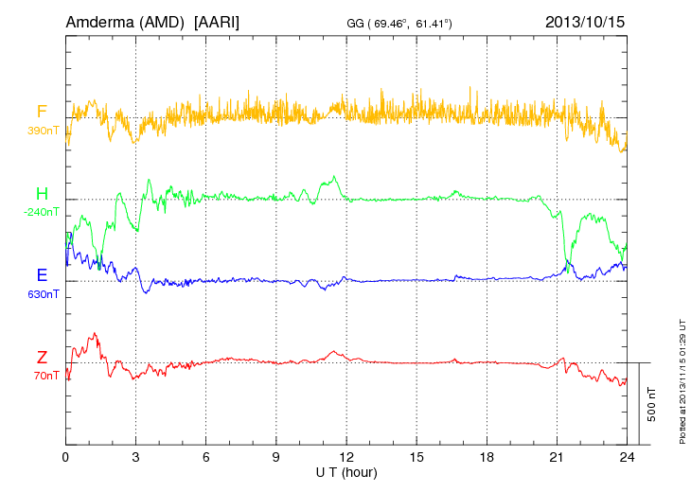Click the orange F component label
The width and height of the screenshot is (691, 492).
42,112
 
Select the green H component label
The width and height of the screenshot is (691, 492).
42,193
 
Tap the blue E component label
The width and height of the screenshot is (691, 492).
42,275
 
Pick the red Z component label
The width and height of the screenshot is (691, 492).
42,357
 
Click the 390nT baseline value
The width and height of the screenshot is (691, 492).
43,131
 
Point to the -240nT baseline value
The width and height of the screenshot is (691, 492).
43,212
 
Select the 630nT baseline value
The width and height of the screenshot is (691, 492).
43,293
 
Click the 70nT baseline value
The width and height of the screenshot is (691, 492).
44,376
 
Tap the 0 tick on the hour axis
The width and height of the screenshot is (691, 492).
65,457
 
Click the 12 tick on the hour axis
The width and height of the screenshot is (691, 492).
346,457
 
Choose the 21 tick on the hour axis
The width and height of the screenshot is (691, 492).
557,457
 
